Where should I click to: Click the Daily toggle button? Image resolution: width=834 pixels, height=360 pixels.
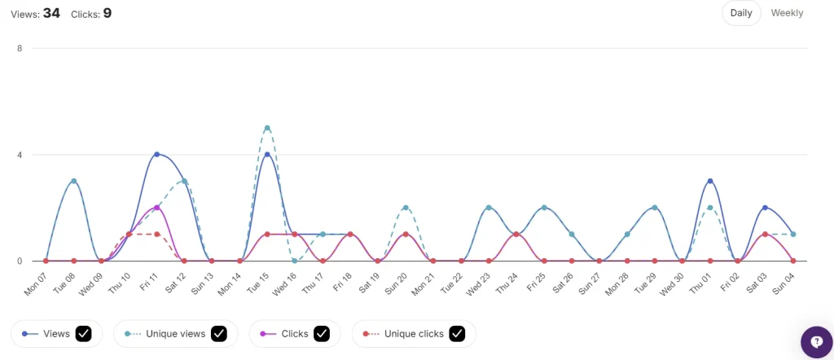[741, 13]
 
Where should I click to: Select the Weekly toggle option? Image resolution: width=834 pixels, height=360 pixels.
[787, 13]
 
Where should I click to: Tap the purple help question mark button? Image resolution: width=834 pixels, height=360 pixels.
[816, 342]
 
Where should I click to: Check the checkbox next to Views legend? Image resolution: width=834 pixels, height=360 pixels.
[82, 333]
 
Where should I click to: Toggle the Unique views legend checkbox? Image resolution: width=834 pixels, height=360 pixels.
[218, 333]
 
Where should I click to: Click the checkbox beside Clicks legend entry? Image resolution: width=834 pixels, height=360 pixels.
[322, 333]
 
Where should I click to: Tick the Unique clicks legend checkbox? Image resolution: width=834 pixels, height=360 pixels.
[457, 333]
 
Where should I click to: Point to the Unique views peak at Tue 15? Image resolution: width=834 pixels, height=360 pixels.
[267, 128]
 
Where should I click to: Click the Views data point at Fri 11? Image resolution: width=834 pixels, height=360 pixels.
[156, 154]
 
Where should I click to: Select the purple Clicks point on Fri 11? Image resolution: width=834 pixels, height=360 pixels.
[156, 208]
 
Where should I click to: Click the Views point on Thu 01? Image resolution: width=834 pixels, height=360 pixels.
[710, 181]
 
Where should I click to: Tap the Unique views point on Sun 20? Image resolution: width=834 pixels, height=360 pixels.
[406, 208]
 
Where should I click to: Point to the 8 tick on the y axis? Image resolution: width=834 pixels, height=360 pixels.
[19, 48]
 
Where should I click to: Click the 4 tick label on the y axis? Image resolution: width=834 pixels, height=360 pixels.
[19, 155]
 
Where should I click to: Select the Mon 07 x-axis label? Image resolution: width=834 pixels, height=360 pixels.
[37, 282]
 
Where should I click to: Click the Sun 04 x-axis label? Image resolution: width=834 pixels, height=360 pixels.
[785, 282]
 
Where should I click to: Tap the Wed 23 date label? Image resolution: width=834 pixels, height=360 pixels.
[481, 282]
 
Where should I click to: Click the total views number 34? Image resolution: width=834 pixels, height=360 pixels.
[51, 13]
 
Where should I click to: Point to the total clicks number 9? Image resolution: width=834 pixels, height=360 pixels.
[107, 13]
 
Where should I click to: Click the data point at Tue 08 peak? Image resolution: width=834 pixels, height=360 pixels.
[73, 181]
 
